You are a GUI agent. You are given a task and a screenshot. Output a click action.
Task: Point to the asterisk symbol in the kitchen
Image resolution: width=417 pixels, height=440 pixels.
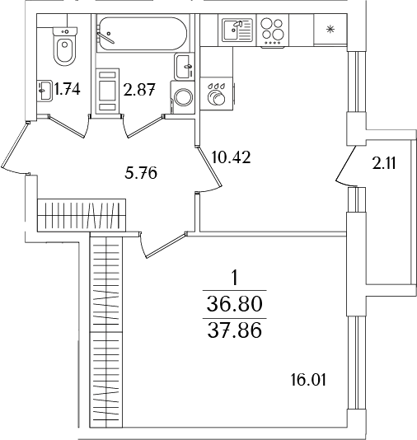coord(330,31)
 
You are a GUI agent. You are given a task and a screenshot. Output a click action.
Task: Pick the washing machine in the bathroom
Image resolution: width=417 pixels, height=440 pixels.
coord(182,96)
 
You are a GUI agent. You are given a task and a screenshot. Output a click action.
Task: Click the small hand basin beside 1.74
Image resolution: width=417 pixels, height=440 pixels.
coord(45,88)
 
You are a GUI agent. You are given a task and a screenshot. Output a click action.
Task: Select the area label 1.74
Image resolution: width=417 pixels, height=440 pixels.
coord(67,90)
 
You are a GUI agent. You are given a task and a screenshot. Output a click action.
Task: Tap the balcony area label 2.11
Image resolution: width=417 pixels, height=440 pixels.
coord(384,163)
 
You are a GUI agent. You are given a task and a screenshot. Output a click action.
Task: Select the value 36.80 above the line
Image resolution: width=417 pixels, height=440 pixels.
coord(235,304)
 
